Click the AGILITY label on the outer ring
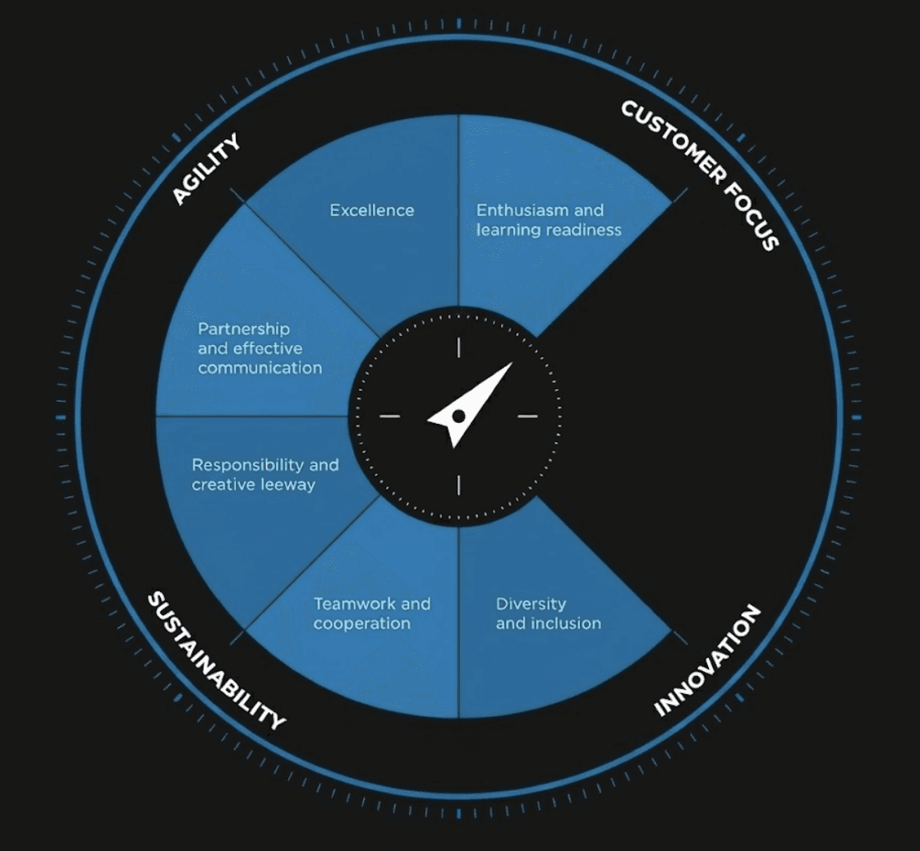(206, 168)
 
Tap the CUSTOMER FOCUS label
(699, 175)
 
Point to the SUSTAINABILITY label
(216, 660)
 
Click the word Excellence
(372, 210)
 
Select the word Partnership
(244, 329)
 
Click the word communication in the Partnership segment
(260, 368)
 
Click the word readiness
(584, 230)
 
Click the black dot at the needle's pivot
(458, 416)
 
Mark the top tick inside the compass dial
(458, 347)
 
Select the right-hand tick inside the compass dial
(527, 416)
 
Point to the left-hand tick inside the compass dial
(389, 416)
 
